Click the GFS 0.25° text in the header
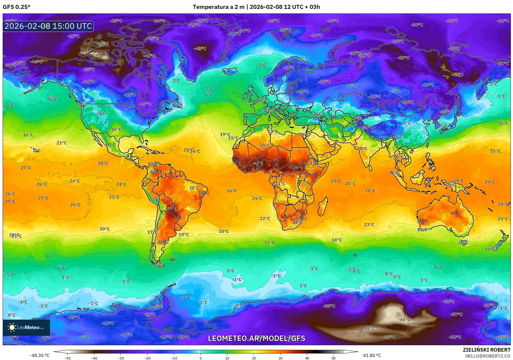(16, 7)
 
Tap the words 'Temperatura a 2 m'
(218, 7)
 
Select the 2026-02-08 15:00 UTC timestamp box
(48, 26)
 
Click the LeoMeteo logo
(26, 327)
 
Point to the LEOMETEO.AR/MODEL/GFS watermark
(256, 338)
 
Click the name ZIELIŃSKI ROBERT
(486, 350)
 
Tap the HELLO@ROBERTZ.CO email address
(488, 356)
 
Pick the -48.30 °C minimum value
(40, 355)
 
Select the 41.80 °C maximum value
(372, 355)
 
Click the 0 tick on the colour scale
(200, 358)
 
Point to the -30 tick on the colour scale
(121, 358)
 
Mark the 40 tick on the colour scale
(307, 358)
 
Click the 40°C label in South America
(172, 208)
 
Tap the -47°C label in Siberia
(457, 74)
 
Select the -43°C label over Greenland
(200, 48)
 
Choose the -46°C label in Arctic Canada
(103, 43)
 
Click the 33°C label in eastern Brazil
(204, 193)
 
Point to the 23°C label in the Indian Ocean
(369, 224)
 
